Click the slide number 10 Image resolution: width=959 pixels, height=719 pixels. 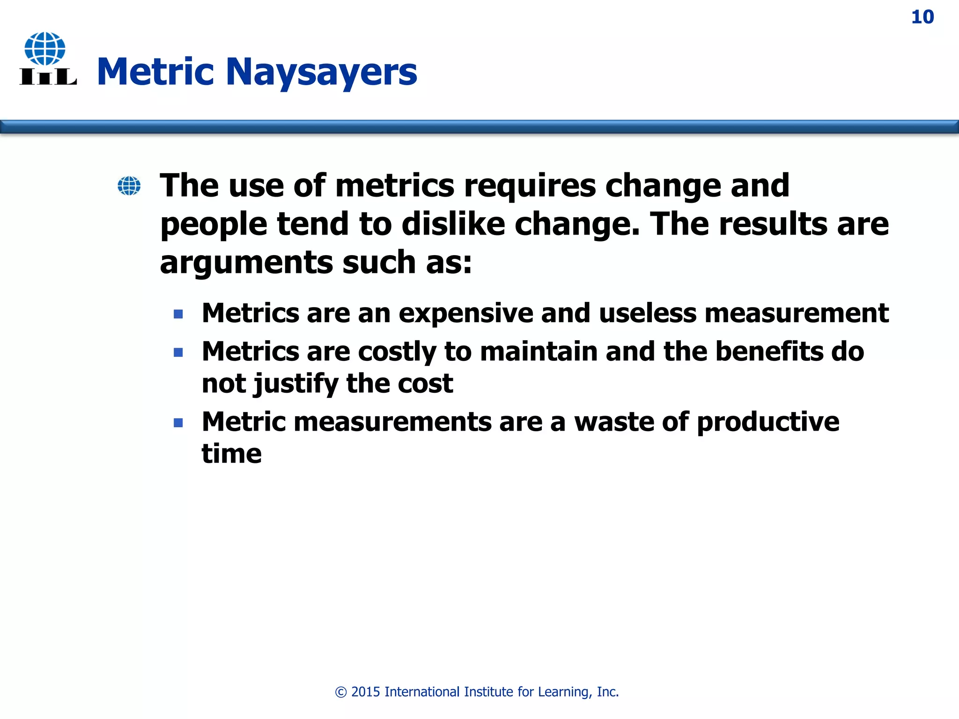(x=922, y=17)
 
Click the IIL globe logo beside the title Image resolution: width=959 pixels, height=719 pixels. (x=47, y=59)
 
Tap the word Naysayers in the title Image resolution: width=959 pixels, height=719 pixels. (x=321, y=72)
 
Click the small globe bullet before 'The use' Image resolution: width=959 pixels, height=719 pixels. (x=129, y=186)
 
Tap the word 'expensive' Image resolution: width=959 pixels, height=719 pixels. (x=465, y=313)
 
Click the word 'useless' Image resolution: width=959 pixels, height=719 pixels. (x=647, y=313)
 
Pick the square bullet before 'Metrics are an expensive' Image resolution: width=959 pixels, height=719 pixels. (x=178, y=314)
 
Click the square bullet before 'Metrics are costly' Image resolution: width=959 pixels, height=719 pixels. (x=178, y=352)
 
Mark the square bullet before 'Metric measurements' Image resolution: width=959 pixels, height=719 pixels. (x=178, y=423)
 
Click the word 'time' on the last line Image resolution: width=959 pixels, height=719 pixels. (x=231, y=454)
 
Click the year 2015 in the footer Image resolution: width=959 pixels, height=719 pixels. (x=366, y=692)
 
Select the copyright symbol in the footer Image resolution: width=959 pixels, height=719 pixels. (x=341, y=692)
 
